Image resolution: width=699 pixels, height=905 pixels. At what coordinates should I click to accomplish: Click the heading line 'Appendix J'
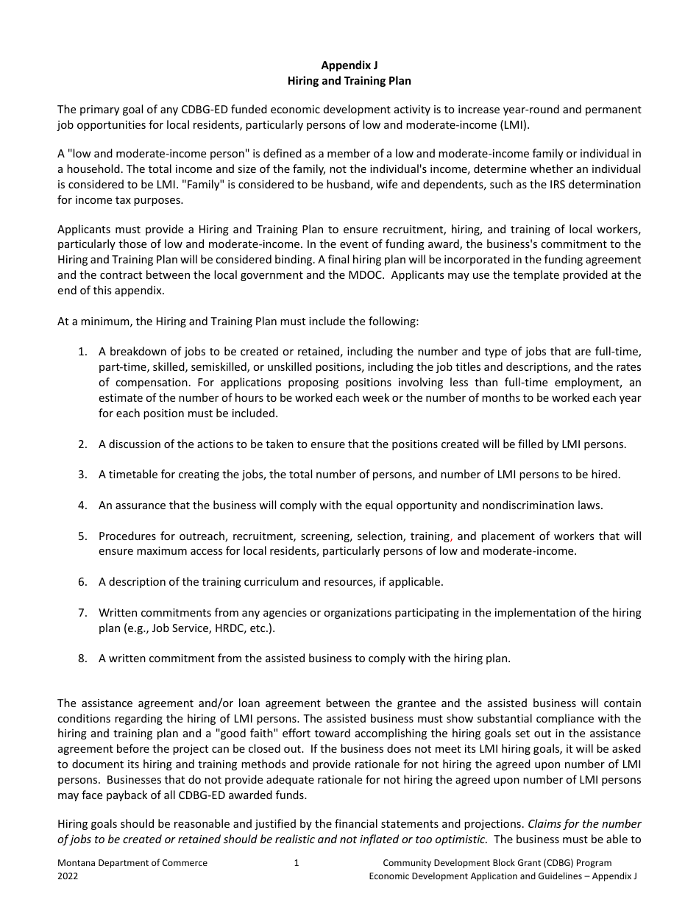pyautogui.click(x=349, y=65)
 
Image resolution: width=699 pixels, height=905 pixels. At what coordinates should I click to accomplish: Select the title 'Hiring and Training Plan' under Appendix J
pyautogui.click(x=349, y=80)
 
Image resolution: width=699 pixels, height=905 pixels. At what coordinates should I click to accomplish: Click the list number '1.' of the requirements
pyautogui.click(x=83, y=352)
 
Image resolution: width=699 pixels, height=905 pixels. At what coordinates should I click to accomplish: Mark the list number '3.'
pyautogui.click(x=83, y=475)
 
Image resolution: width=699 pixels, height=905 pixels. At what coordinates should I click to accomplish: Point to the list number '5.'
pyautogui.click(x=83, y=536)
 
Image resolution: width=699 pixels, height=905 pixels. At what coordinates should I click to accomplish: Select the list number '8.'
pyautogui.click(x=83, y=659)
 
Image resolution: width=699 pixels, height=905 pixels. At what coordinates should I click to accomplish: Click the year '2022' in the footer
pyautogui.click(x=68, y=876)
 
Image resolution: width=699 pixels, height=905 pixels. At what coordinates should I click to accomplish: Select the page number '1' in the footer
pyautogui.click(x=296, y=863)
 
